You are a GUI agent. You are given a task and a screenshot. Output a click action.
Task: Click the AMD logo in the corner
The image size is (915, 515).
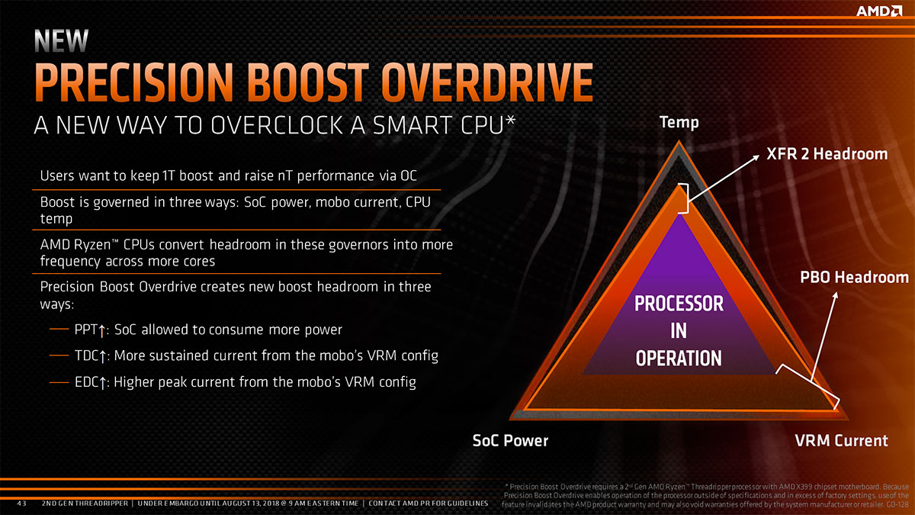[878, 11]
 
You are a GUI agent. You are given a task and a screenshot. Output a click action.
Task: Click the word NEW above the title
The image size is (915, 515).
[61, 40]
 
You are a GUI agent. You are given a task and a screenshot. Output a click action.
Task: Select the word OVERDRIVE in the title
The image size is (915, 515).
[487, 82]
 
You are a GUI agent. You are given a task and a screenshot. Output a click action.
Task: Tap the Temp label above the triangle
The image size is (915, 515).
[679, 123]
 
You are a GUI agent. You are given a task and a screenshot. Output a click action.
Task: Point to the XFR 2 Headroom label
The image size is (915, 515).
[827, 154]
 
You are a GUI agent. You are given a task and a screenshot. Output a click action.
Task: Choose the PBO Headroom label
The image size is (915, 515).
[854, 277]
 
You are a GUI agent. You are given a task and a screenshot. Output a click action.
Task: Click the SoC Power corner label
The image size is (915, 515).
[511, 440]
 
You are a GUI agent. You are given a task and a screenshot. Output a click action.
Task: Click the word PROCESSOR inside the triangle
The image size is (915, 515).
[679, 304]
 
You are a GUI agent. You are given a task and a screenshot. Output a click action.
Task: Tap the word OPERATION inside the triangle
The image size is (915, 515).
[679, 358]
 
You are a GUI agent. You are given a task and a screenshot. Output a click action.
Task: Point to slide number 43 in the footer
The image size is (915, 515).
[22, 504]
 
